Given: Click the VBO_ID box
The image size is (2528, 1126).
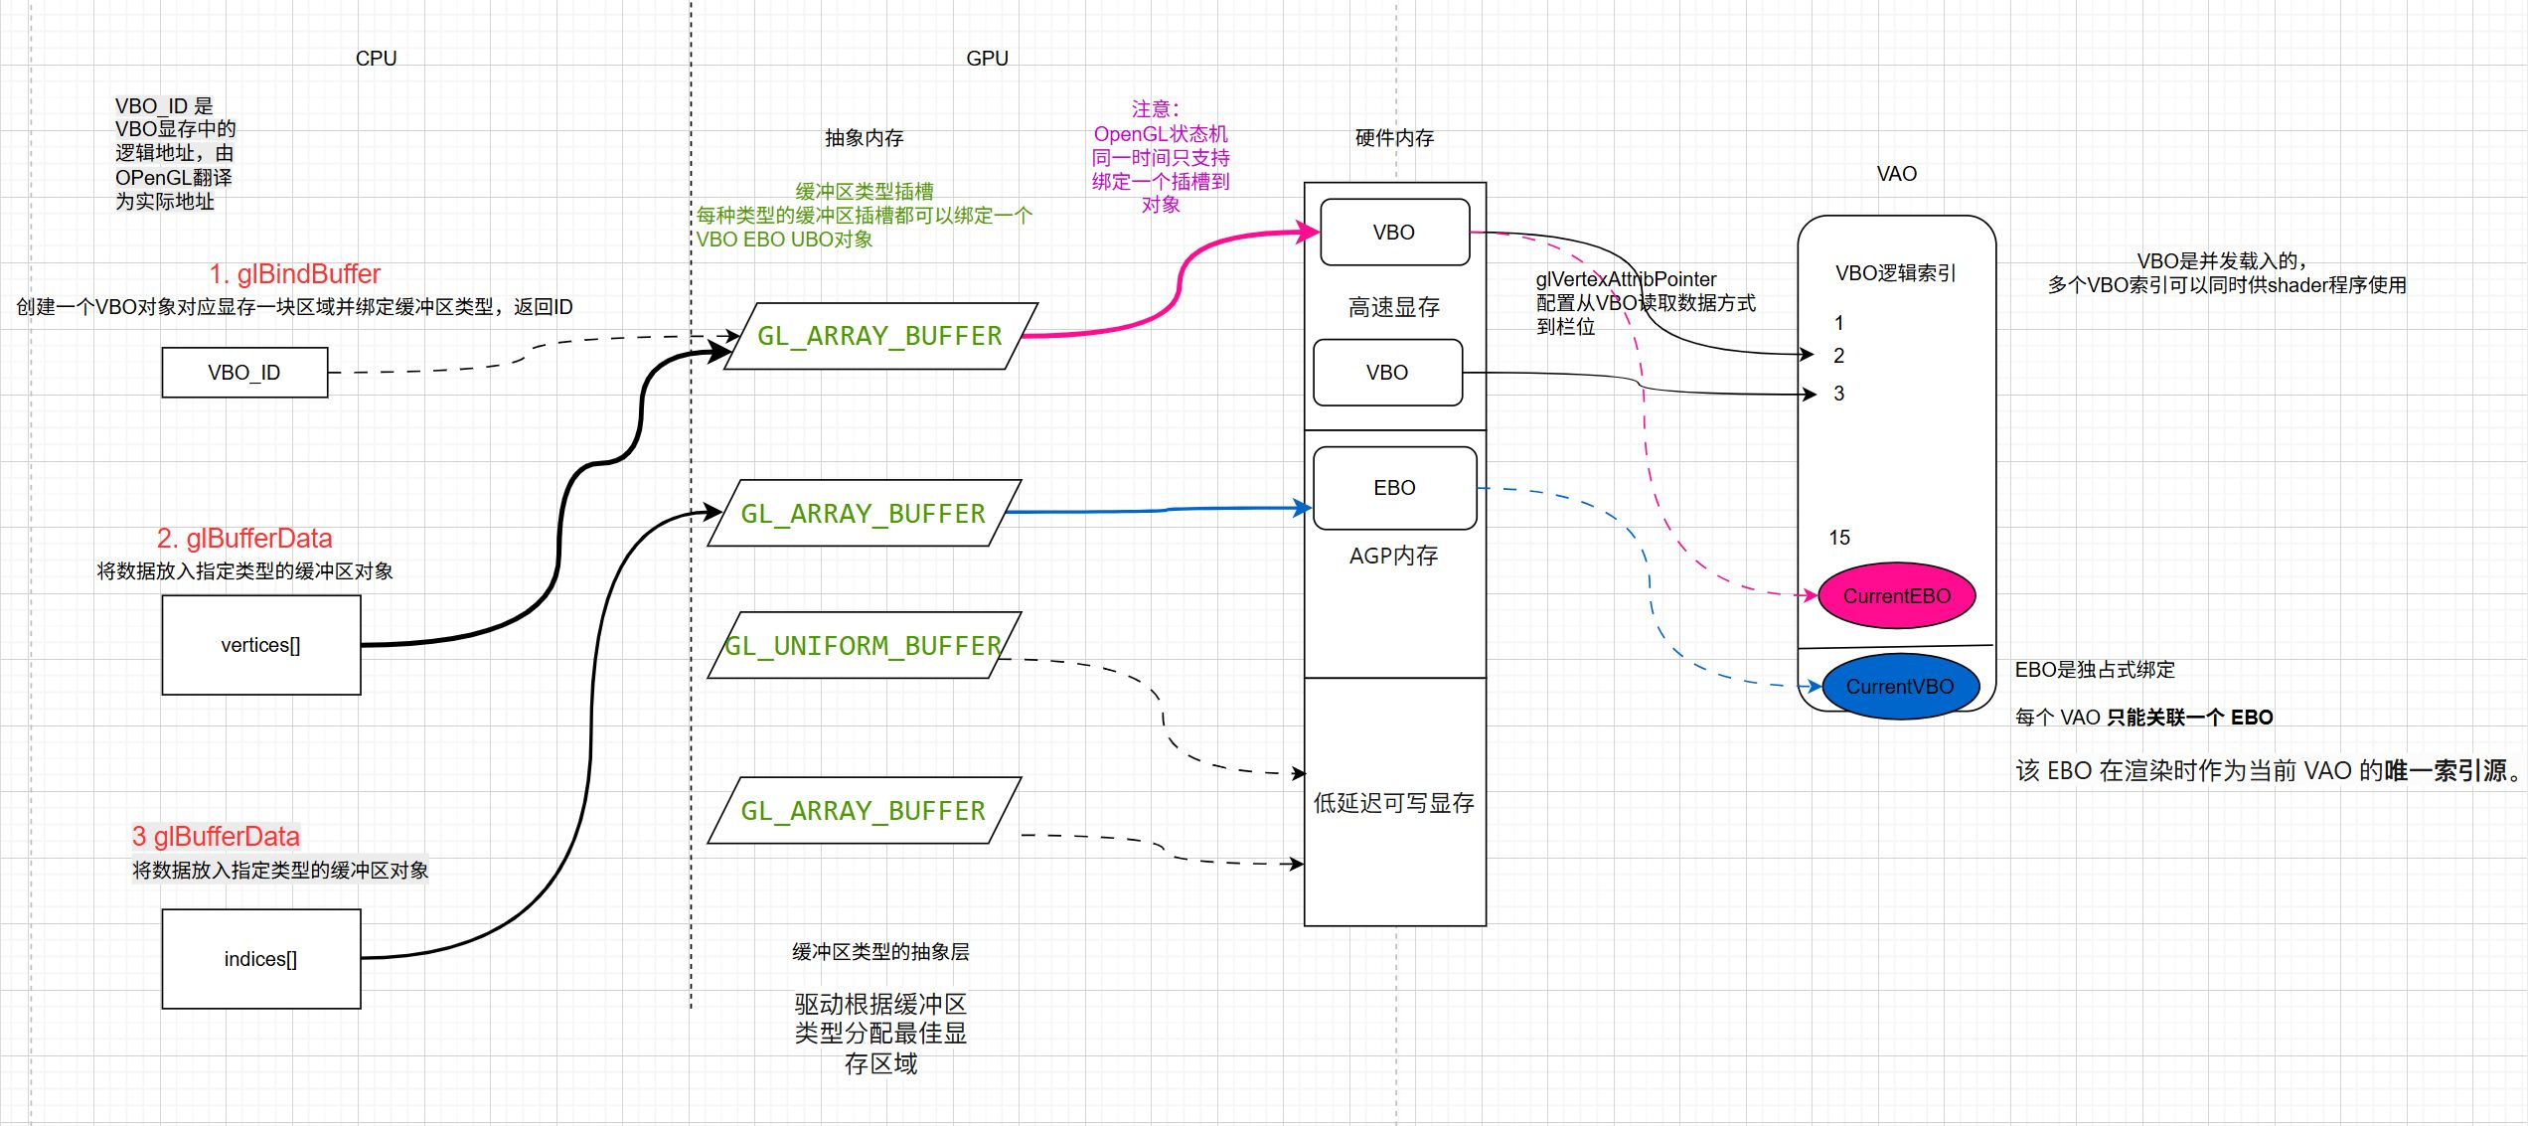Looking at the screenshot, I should [244, 373].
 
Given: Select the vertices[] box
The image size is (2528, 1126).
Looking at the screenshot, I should [260, 645].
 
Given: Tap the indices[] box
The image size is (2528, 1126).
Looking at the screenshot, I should [260, 959].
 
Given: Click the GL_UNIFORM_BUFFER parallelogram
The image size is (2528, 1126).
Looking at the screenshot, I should [863, 646].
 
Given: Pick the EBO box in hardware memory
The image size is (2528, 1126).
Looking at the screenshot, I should [1394, 488].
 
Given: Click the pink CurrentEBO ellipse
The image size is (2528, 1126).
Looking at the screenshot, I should [1896, 596].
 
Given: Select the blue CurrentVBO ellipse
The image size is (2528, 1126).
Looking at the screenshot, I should [1899, 687].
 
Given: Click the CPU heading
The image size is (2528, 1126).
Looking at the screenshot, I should [376, 59].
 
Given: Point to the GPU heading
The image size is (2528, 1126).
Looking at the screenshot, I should [987, 59].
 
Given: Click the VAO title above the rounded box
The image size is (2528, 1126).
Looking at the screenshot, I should [1896, 174].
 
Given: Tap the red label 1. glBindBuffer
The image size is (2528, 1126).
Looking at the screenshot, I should [294, 274].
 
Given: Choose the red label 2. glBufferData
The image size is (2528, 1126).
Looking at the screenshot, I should [244, 539].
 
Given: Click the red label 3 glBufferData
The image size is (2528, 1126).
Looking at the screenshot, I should [216, 837].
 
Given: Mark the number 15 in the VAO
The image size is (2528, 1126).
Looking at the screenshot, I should [1839, 538].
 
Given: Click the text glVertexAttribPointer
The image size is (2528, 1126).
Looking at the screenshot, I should [1626, 279].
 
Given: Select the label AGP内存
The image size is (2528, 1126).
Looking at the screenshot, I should [1393, 557].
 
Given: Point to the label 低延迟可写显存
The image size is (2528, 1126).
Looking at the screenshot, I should [1393, 803].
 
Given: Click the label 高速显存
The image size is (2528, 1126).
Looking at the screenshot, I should [1393, 308].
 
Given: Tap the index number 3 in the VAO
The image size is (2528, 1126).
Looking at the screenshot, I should [1838, 394].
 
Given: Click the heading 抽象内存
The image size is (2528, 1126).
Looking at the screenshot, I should [864, 138].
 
